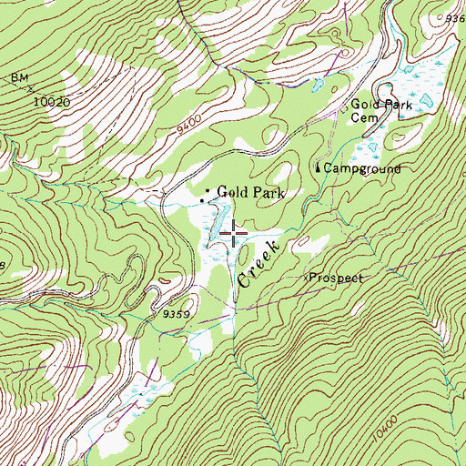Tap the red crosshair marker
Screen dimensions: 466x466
[234, 234]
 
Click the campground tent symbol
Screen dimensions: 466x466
[318, 167]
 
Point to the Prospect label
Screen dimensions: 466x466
[336, 278]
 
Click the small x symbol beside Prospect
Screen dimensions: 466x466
[306, 275]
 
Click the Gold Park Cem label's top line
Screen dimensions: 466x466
[381, 106]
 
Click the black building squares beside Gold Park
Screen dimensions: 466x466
[205, 194]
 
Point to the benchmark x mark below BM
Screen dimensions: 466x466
[30, 89]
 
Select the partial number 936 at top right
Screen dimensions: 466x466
[454, 18]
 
